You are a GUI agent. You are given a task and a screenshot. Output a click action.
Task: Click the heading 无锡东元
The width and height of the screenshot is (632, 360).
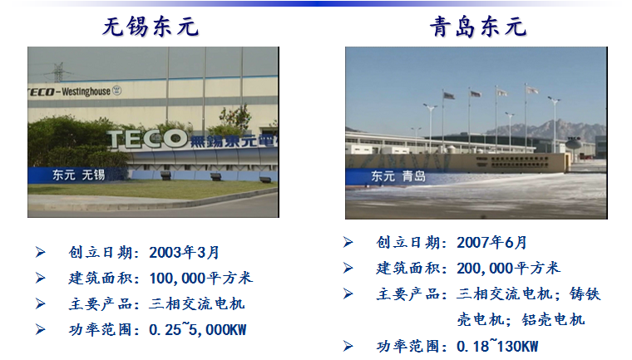pyautogui.click(x=151, y=27)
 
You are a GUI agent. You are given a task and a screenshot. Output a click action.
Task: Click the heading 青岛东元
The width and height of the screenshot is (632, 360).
pyautogui.click(x=478, y=27)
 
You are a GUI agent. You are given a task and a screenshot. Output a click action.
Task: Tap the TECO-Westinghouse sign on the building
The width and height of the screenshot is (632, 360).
pyautogui.click(x=71, y=91)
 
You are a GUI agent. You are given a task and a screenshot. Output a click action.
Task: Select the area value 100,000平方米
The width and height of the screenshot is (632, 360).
pyautogui.click(x=201, y=278)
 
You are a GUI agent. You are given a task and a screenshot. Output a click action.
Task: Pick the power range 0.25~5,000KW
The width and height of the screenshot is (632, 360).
pyautogui.click(x=198, y=329)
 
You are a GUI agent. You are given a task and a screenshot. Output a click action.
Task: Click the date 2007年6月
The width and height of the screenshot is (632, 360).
pyautogui.click(x=492, y=242)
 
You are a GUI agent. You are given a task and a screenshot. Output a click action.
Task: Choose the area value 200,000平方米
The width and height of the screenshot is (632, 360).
pyautogui.click(x=509, y=268)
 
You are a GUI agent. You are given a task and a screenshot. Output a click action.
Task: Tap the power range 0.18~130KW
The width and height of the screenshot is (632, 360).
pyautogui.click(x=497, y=345)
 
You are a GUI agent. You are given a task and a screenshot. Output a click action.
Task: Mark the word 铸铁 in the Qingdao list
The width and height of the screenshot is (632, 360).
pyautogui.click(x=586, y=293)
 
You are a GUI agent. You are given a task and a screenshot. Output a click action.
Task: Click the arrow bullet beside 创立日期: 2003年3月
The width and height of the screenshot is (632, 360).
pyautogui.click(x=40, y=252)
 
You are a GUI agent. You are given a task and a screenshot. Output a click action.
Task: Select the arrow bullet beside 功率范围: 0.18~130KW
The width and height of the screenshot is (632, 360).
pyautogui.click(x=348, y=345)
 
